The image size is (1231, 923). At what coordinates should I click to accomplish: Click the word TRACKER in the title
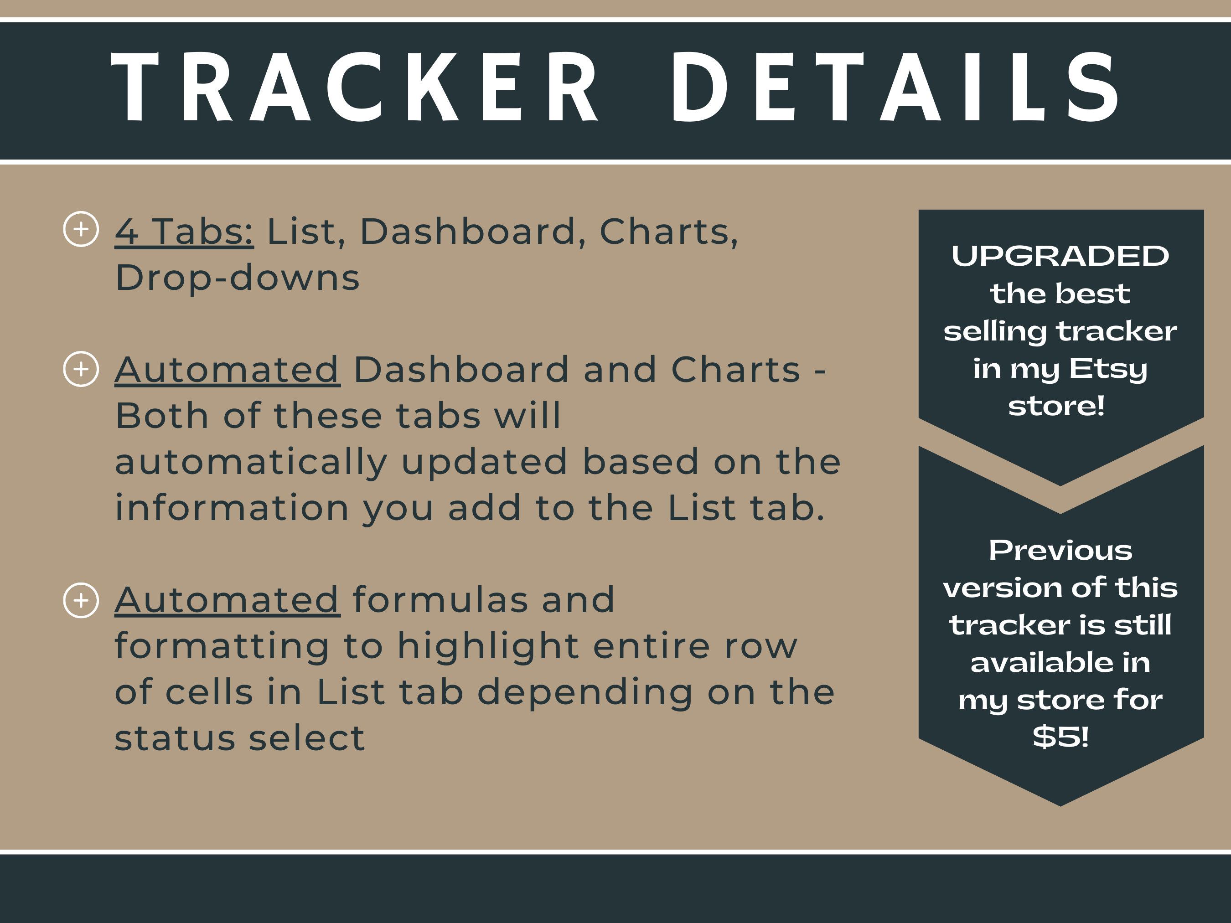[x=355, y=88]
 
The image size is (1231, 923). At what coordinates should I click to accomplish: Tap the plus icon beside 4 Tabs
[x=81, y=229]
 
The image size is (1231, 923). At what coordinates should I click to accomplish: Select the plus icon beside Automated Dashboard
[x=81, y=369]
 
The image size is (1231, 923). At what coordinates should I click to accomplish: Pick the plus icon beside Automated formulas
[x=81, y=600]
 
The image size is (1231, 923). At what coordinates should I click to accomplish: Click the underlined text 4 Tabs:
[x=184, y=232]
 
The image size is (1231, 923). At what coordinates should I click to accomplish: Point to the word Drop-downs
[x=238, y=278]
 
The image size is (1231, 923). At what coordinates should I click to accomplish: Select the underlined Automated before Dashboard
[x=227, y=370]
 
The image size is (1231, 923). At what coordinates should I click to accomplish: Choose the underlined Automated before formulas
[x=227, y=600]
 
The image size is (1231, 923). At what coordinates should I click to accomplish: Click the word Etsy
[x=1108, y=369]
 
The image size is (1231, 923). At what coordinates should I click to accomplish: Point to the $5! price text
[x=1060, y=737]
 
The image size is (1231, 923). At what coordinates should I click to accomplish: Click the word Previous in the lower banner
[x=1060, y=551]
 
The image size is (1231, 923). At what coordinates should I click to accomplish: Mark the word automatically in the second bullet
[x=251, y=462]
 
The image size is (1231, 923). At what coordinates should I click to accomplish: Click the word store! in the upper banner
[x=1056, y=406]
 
